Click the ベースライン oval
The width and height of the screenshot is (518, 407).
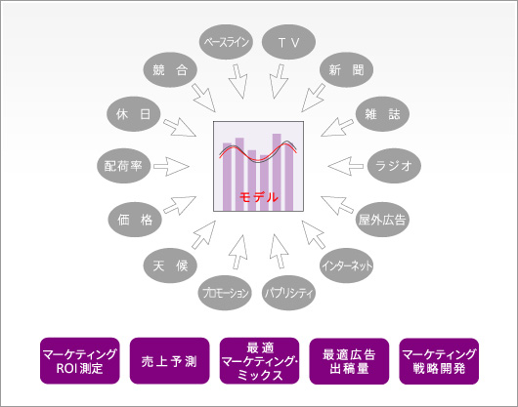[x=227, y=42]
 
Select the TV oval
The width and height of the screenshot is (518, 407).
[x=288, y=42]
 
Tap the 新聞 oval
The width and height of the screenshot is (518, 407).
[x=346, y=69]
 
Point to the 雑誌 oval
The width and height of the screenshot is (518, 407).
[x=382, y=114]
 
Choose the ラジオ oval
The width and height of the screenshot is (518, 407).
[x=394, y=166]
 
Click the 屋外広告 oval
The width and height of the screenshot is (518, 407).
[x=382, y=220]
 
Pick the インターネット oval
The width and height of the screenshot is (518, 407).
[x=347, y=265]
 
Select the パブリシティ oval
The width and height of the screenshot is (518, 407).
[x=288, y=293]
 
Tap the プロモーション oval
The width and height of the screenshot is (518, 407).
[x=225, y=293]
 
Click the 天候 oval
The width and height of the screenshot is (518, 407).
[x=170, y=265]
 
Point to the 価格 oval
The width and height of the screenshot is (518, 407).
[x=135, y=220]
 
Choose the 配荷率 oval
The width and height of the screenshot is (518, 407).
[x=123, y=166]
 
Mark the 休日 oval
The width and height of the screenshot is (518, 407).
[x=134, y=114]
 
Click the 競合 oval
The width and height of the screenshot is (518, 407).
[x=170, y=69]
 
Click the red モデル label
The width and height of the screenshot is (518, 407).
[x=259, y=197]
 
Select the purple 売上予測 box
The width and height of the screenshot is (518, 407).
[x=169, y=361]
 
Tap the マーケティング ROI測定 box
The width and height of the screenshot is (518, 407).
[x=79, y=361]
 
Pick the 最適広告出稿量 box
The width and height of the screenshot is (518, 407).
[x=349, y=361]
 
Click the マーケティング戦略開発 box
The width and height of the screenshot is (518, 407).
[x=439, y=361]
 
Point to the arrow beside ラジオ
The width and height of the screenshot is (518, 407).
[x=346, y=166]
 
